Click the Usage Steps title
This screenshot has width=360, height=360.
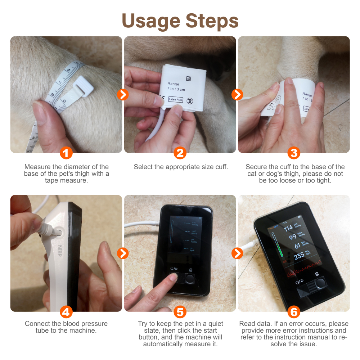point(180,21)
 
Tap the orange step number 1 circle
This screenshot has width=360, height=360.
point(66,153)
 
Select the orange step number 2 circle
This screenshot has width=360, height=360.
point(180,153)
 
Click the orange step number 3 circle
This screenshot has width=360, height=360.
point(294,153)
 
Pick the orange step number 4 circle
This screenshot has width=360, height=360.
point(66,312)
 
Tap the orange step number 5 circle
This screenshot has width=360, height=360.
point(180,312)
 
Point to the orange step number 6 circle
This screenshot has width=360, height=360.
point(294,312)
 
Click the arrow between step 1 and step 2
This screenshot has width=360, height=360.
point(123,95)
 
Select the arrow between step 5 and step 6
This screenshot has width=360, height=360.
point(237,253)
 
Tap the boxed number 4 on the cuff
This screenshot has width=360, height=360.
point(188,78)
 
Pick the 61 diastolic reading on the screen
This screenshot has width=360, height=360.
point(297,246)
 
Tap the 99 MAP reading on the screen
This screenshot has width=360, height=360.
point(292,237)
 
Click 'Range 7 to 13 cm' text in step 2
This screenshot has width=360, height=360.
point(176,86)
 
